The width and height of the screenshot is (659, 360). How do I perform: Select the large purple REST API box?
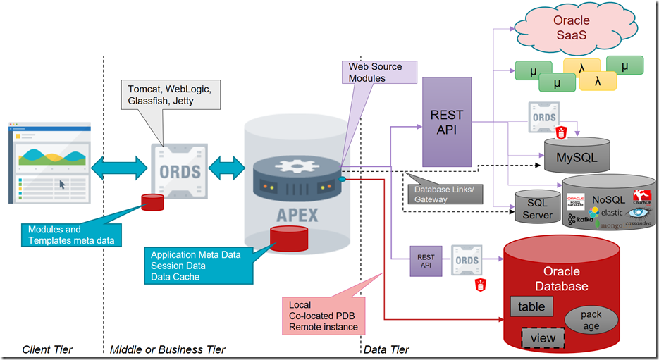(x=446, y=113)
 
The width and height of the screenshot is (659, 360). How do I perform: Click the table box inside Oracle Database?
(x=532, y=306)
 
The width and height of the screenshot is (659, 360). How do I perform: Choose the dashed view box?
(x=543, y=338)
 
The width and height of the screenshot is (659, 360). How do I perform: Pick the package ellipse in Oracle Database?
(x=591, y=321)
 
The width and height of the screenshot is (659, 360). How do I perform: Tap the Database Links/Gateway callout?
(x=443, y=194)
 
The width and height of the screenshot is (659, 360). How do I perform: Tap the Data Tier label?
(x=386, y=349)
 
